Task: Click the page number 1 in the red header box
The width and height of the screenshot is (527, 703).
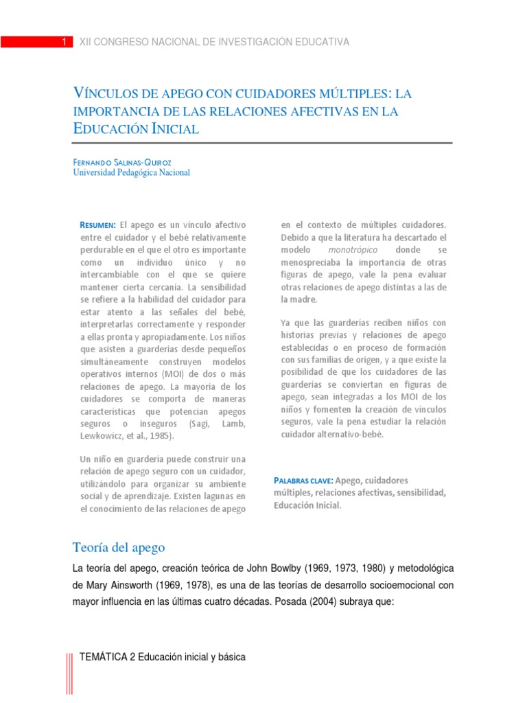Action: point(63,42)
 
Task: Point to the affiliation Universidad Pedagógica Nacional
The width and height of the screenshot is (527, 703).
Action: point(132,173)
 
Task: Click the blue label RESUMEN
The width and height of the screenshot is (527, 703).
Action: point(98,225)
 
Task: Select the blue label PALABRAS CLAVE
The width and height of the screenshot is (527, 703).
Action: point(303,481)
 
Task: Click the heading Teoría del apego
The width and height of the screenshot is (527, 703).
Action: point(119,547)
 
